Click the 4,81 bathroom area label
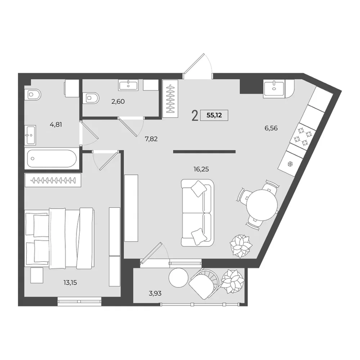(56, 124)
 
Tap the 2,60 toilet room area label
(118, 101)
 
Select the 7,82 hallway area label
(151, 139)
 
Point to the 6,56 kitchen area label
(271, 128)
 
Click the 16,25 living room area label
(201, 169)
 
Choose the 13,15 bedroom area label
(70, 283)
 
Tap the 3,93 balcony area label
(155, 293)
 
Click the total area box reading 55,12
(214, 115)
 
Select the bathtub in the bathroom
(51, 158)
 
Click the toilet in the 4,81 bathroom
(33, 94)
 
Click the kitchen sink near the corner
(274, 88)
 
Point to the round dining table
(262, 205)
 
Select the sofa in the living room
(197, 213)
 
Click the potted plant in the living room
(241, 246)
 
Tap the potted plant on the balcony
(232, 281)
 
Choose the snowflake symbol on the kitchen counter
(290, 164)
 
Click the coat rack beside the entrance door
(170, 99)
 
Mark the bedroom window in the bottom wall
(79, 302)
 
